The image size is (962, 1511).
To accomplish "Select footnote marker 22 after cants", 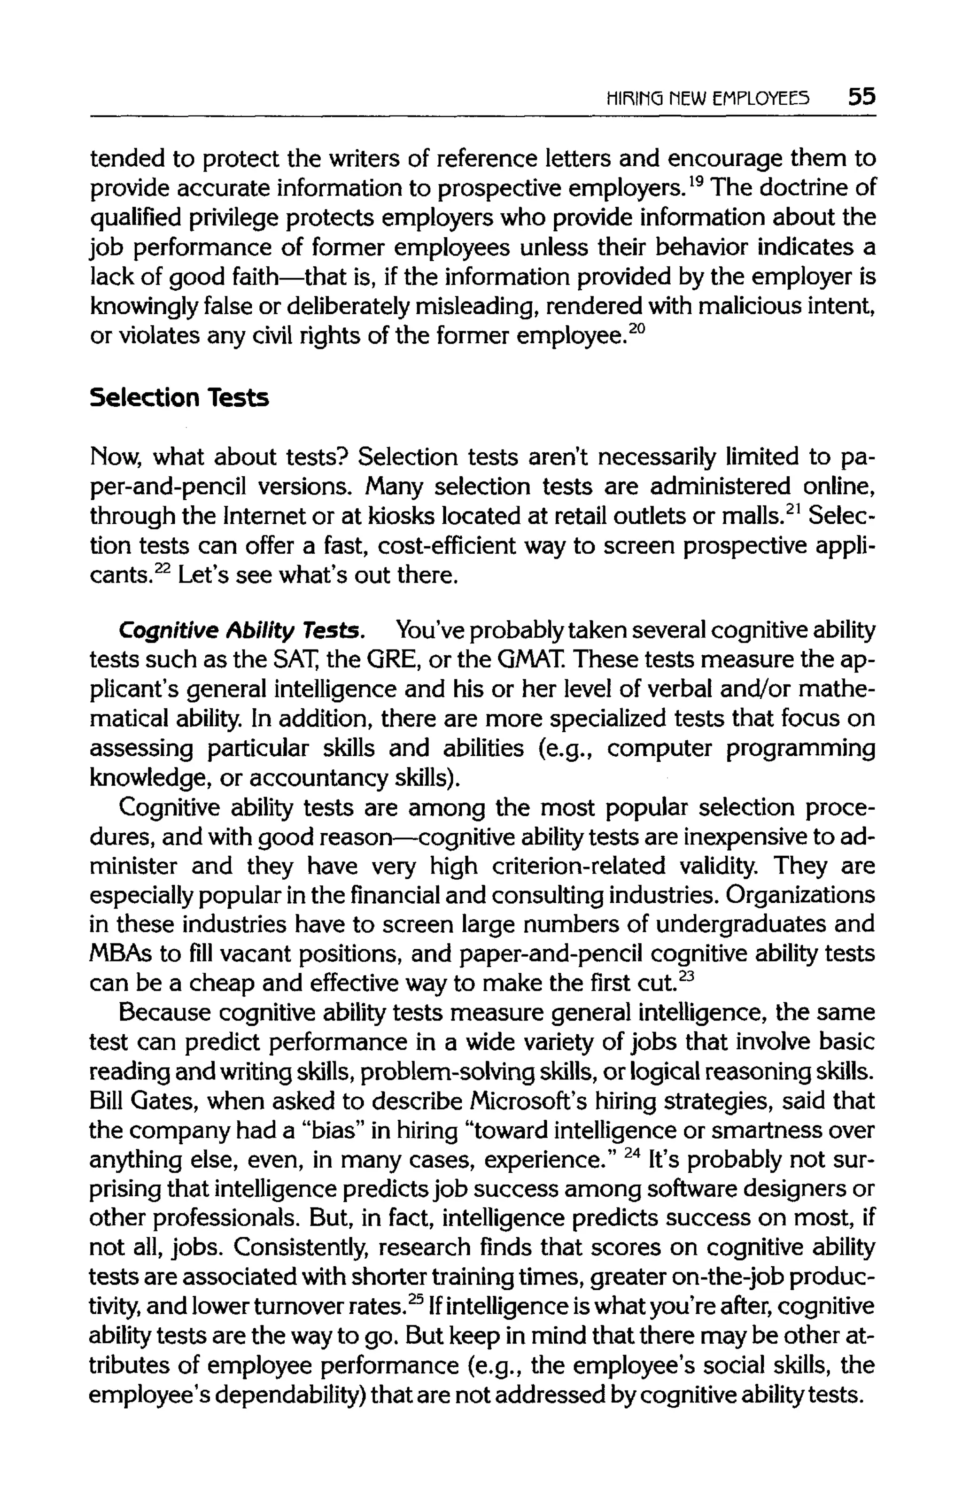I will [x=163, y=568].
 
